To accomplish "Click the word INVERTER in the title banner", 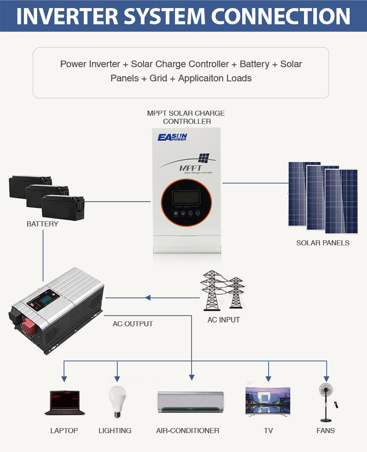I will (x=67, y=16).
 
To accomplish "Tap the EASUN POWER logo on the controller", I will (x=172, y=137).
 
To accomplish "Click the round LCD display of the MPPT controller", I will (x=186, y=198).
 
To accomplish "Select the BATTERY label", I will (x=42, y=224).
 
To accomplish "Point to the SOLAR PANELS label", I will (x=323, y=243).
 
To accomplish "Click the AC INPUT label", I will (x=224, y=320).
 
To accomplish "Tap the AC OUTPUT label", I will (x=133, y=324).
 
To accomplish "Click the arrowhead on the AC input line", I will (x=147, y=298).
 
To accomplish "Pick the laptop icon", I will (x=65, y=403).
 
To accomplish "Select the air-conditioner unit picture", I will (x=190, y=402).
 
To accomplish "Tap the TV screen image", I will (x=268, y=401).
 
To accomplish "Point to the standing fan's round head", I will (x=326, y=390).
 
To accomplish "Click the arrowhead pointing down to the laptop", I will (x=64, y=379).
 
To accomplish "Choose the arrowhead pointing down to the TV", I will (x=268, y=379).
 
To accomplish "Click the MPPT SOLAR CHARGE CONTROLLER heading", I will (x=186, y=117).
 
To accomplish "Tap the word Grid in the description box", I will (x=158, y=78).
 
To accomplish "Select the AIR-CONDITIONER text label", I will (x=187, y=431).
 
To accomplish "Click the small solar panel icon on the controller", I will (x=204, y=158).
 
